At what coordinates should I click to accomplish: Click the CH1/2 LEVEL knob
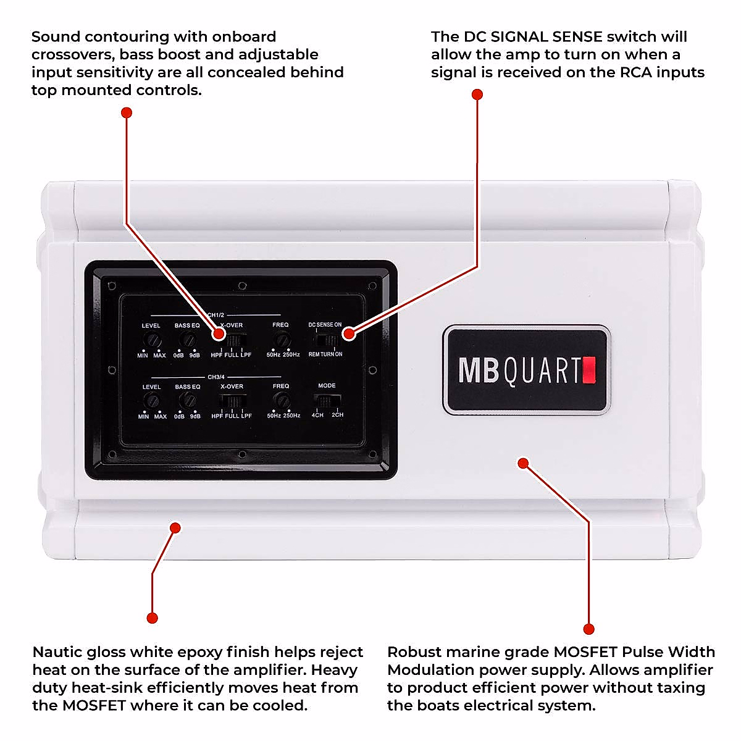pos(152,340)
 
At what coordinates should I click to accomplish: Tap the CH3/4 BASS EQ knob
pos(187,401)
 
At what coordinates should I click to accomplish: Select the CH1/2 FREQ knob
pos(282,339)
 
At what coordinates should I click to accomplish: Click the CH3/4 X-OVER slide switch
pos(233,401)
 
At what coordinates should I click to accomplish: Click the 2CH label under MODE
pos(337,415)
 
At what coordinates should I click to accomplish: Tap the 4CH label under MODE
pos(317,415)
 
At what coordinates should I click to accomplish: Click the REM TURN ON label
pos(325,354)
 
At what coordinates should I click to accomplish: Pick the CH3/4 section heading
pos(216,377)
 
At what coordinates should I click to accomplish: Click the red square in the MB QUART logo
pos(588,370)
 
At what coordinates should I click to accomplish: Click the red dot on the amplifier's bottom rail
pos(175,528)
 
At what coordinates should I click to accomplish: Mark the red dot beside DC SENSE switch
pos(349,333)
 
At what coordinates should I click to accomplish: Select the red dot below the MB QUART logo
pos(523,463)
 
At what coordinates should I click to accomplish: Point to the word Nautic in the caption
pos(56,652)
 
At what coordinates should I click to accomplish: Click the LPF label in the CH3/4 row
pos(246,416)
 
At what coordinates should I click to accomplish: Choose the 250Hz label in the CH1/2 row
pos(291,355)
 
